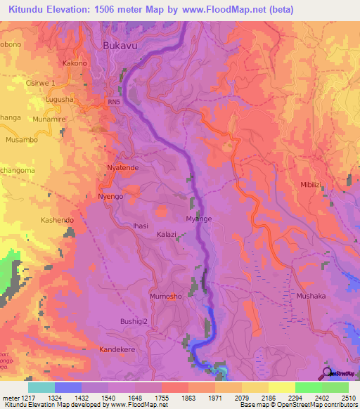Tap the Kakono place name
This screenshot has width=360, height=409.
click(75, 63)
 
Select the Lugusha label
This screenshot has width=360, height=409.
click(60, 100)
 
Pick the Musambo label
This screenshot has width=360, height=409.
click(21, 140)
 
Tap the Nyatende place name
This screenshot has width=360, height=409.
click(122, 169)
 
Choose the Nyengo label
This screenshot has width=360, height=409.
click(111, 197)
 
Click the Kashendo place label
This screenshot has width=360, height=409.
click(57, 220)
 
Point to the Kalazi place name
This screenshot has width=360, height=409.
click(167, 234)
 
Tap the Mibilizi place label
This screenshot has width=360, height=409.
click(310, 183)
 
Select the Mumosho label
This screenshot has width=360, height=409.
click(166, 297)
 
